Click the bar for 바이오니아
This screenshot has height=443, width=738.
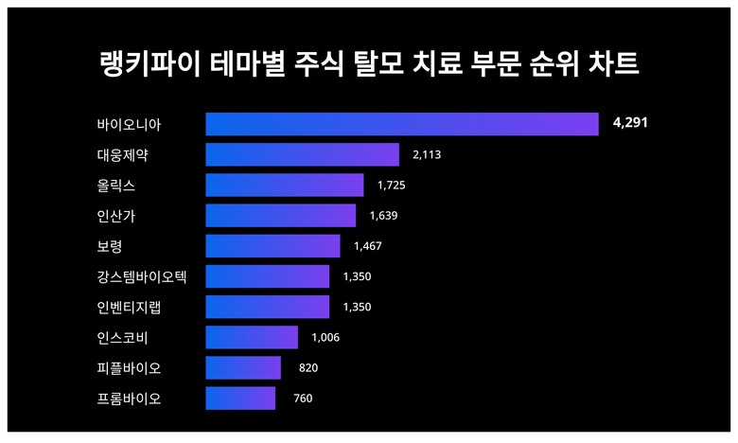pyautogui.click(x=402, y=124)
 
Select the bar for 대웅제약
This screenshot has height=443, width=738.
pyautogui.click(x=303, y=154)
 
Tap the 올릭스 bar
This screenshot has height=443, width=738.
pyautogui.click(x=285, y=185)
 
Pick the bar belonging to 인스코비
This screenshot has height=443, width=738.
pyautogui.click(x=252, y=337)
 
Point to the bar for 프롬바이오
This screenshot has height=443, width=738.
pyautogui.click(x=240, y=399)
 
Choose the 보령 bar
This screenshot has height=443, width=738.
pyautogui.click(x=272, y=246)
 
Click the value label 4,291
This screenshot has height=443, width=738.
pyautogui.click(x=630, y=123)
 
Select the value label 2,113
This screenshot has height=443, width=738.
pyautogui.click(x=428, y=154)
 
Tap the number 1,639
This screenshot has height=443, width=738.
pyautogui.click(x=383, y=216)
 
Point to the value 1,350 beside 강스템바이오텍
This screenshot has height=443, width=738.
pyautogui.click(x=357, y=276)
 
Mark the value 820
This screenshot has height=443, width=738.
pyautogui.click(x=308, y=368)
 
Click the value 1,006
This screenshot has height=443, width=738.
pyautogui.click(x=325, y=338)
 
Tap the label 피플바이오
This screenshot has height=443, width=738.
pyautogui.click(x=129, y=368)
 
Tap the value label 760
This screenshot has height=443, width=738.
pyautogui.click(x=303, y=399)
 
